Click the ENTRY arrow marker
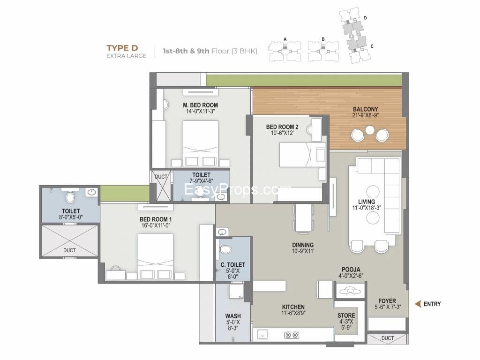[418, 304]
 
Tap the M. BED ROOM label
[201, 105]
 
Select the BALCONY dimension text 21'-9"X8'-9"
[366, 115]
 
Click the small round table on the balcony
[370, 130]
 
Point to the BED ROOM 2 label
[282, 127]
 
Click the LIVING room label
[367, 202]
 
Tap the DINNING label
[303, 245]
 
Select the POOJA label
[351, 270]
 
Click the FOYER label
[387, 301]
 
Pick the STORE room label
[346, 315]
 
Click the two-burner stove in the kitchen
[292, 335]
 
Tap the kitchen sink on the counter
[262, 335]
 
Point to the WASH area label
[233, 316]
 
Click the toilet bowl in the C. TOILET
[226, 249]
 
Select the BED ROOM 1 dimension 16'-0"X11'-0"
[156, 225]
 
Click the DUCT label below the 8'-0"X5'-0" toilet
[69, 250]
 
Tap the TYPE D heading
[122, 48]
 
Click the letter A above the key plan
[285, 39]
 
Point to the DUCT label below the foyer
[388, 338]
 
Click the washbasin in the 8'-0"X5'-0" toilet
[91, 193]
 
